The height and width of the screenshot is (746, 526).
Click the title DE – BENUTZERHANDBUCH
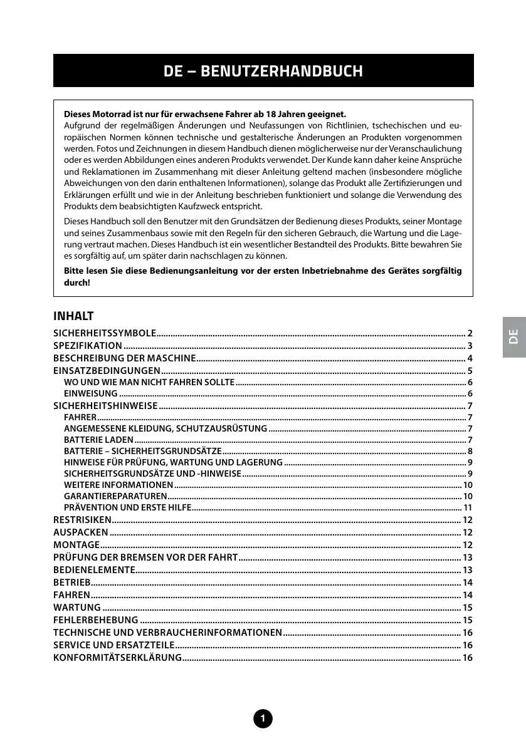pos(263,71)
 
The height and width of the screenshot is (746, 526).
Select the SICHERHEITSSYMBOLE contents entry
pos(105,332)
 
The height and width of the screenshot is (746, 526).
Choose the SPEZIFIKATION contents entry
pos(88,346)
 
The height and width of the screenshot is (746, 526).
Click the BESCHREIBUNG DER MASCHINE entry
pos(124,359)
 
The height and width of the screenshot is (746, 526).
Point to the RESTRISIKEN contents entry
pos(82,520)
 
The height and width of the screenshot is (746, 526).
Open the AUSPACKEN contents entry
pos(81,532)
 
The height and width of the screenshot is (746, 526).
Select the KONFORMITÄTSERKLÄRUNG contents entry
pos(117,658)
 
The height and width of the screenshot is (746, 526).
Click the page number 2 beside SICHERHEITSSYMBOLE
pos(470,332)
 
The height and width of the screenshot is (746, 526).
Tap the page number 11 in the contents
pos(468,507)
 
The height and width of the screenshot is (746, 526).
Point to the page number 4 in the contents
pos(470,359)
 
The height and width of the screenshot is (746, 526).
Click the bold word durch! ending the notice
pos(77,282)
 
